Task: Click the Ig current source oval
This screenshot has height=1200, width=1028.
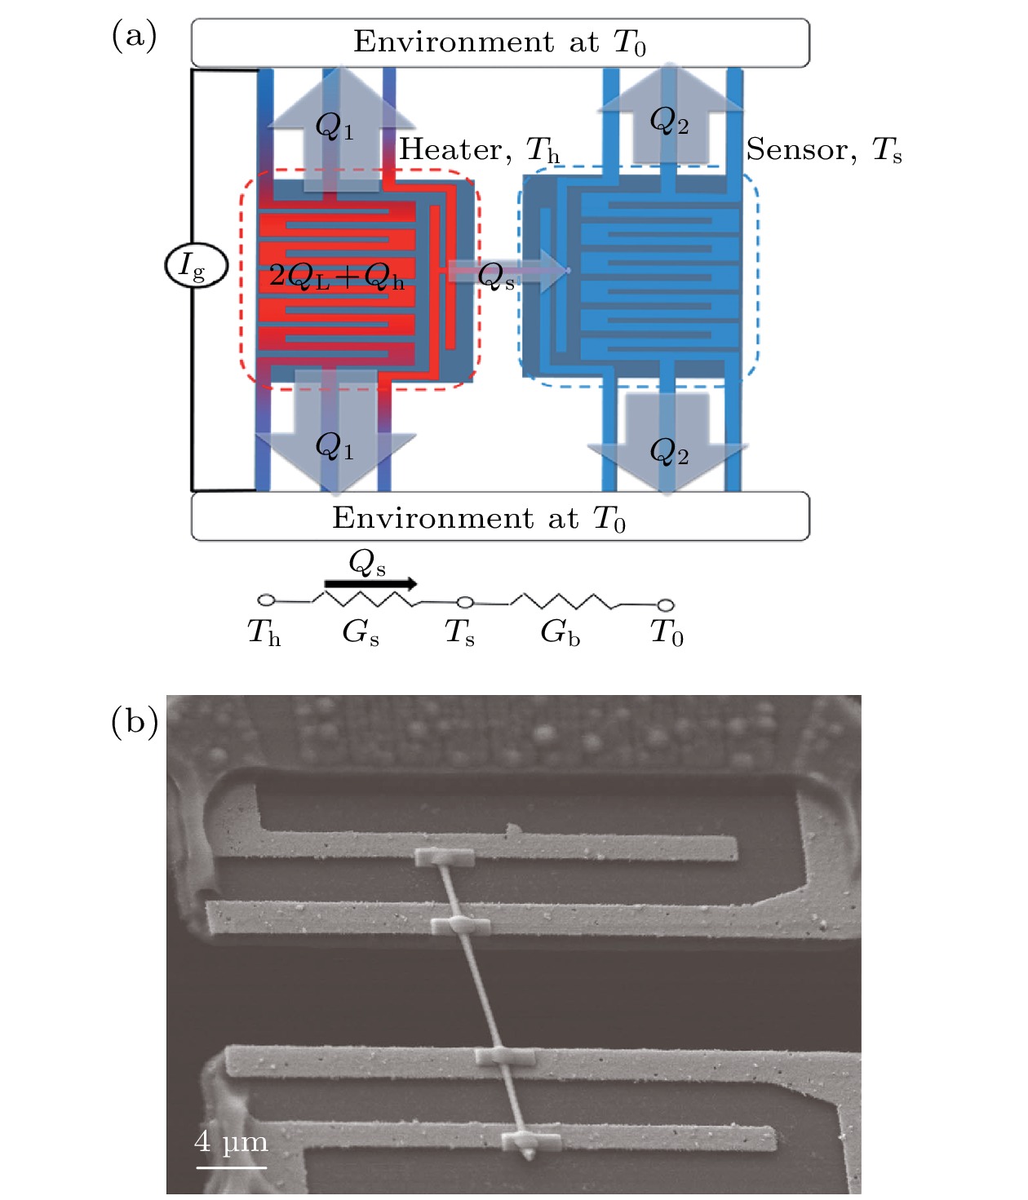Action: click(x=196, y=266)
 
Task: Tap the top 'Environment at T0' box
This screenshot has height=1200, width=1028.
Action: click(x=500, y=42)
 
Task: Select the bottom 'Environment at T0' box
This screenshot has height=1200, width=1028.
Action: click(x=500, y=517)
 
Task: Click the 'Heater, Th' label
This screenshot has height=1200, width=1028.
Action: click(x=479, y=149)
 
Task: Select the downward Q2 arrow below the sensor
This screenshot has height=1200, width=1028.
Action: click(x=667, y=443)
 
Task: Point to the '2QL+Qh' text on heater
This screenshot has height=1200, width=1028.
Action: click(x=337, y=277)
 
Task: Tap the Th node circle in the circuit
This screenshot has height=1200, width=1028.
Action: click(x=266, y=600)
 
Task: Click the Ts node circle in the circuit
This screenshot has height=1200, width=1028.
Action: click(x=465, y=603)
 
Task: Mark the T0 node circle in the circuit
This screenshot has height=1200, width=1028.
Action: click(x=666, y=604)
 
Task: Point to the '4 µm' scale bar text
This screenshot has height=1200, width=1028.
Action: click(x=231, y=1141)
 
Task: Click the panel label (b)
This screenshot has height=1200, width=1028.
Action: click(x=134, y=721)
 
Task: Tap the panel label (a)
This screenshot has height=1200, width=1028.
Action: click(x=134, y=36)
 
